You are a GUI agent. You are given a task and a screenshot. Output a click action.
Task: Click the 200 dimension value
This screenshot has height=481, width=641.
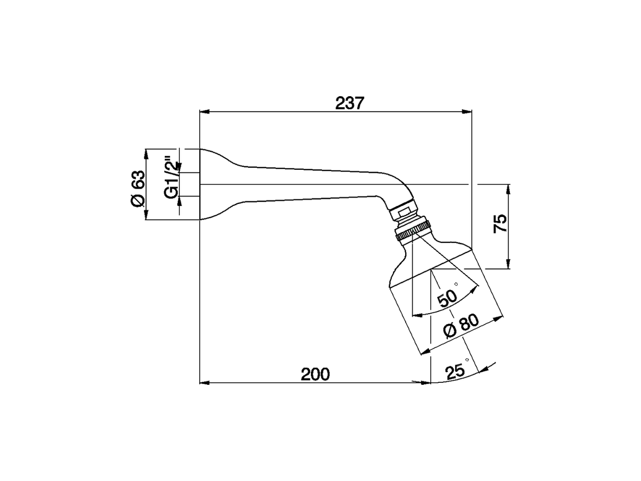(x=315, y=374)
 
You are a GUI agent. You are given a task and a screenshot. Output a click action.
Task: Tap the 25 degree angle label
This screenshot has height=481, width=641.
(x=456, y=371)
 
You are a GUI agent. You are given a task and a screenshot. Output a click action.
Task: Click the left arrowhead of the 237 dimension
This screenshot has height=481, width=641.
(x=203, y=112)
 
